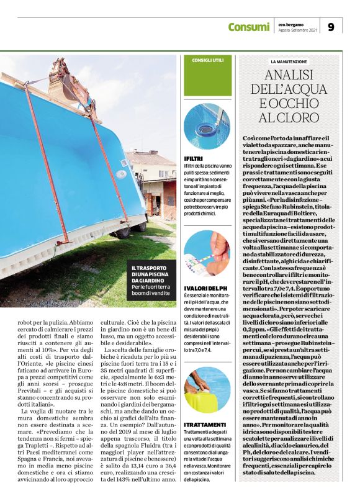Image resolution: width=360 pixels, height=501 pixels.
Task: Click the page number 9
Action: point(331,27)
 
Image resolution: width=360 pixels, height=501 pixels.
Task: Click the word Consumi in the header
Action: point(248,27)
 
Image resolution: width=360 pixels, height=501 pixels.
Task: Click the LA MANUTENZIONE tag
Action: point(289,62)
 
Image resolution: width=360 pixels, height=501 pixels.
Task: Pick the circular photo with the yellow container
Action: point(207,389)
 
